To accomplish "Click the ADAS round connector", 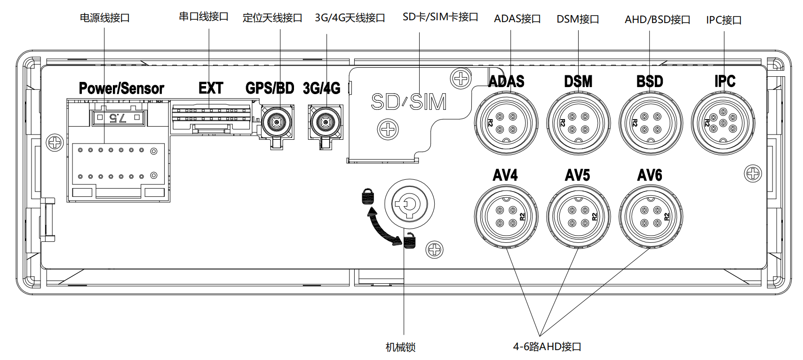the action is coord(506,123).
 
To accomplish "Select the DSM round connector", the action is coord(578,123).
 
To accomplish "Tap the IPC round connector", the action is coord(723,123).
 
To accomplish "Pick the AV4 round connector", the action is coord(506,216).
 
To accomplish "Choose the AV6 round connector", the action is coord(651,216).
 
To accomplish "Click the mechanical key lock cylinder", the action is coord(409,204).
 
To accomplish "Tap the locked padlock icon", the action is coord(368,196).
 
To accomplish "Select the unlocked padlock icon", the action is coord(409,240).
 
